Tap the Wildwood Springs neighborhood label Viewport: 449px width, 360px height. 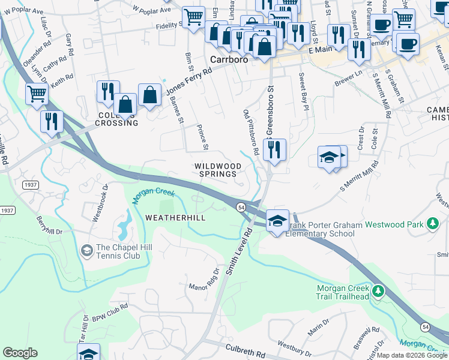(x=217, y=170)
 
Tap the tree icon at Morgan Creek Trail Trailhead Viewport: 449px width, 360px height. (x=378, y=291)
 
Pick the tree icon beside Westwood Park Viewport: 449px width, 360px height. (x=432, y=224)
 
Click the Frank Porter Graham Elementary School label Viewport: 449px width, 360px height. (x=325, y=229)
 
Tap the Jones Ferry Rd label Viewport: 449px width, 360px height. (x=189, y=79)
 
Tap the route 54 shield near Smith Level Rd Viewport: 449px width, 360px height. (x=241, y=207)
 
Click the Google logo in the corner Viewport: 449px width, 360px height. (x=20, y=353)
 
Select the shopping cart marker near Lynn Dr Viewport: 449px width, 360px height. (x=37, y=94)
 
